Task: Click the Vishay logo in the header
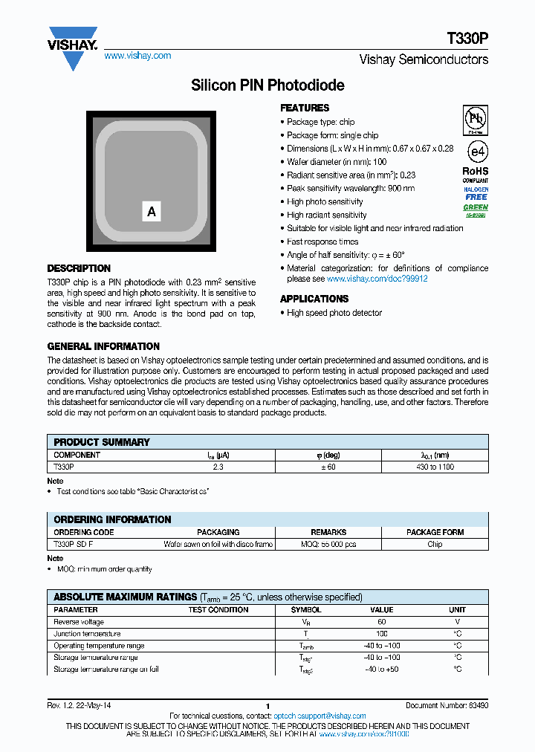73,46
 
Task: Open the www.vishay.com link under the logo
137,56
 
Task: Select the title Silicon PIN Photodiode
267,85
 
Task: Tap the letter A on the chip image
152,212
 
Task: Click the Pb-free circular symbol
476,119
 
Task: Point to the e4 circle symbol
476,151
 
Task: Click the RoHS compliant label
476,175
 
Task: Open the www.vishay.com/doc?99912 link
377,279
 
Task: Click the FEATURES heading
305,108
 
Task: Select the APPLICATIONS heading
314,299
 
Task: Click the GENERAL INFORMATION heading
103,346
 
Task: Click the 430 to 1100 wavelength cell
435,467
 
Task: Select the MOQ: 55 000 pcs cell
328,544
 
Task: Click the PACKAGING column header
218,532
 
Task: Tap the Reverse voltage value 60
382,622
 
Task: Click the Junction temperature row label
87,634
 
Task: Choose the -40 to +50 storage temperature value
382,670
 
